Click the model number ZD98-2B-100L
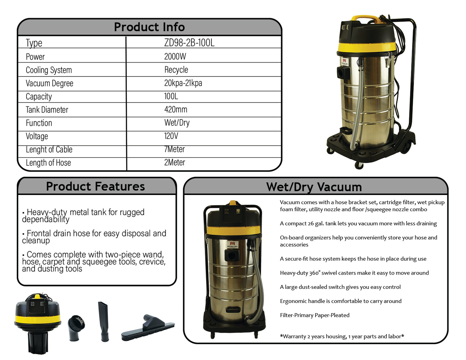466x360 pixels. [x=189, y=43]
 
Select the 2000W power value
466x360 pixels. [x=175, y=57]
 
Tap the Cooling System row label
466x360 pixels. [x=49, y=70]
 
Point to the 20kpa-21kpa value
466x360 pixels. [x=183, y=83]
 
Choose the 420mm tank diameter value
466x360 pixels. [x=176, y=110]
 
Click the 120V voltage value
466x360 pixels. [x=171, y=136]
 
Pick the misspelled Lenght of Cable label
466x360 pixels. [x=49, y=150]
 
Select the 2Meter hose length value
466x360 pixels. [x=174, y=162]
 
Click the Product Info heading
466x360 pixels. [x=149, y=27]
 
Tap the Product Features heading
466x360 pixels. [x=95, y=186]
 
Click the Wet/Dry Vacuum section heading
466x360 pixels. [x=314, y=187]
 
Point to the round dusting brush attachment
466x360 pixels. [x=76, y=327]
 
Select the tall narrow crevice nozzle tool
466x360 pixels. [x=104, y=321]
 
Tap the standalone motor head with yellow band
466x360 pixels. [x=37, y=324]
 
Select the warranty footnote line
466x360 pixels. [x=342, y=336]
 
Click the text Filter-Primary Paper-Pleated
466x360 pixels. [x=315, y=315]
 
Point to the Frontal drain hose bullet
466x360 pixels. [x=94, y=237]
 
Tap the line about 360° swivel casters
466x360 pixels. [x=354, y=273]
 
